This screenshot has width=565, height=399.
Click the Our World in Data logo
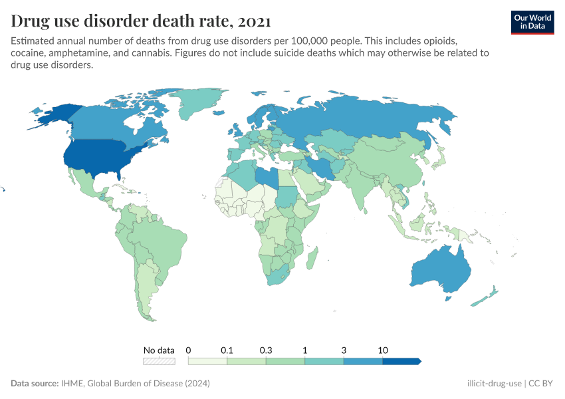[532, 22]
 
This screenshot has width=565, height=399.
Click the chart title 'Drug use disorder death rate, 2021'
[140, 21]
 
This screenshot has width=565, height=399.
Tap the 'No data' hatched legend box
[160, 361]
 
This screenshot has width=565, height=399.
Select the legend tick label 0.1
[227, 350]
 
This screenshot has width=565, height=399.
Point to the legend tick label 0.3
[266, 350]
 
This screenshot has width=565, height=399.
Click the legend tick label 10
[382, 350]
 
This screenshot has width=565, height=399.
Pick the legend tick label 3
[344, 350]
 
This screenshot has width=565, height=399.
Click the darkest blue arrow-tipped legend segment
[401, 361]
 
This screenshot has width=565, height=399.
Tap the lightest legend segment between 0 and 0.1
[208, 361]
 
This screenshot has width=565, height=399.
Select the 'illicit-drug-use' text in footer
[494, 384]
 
